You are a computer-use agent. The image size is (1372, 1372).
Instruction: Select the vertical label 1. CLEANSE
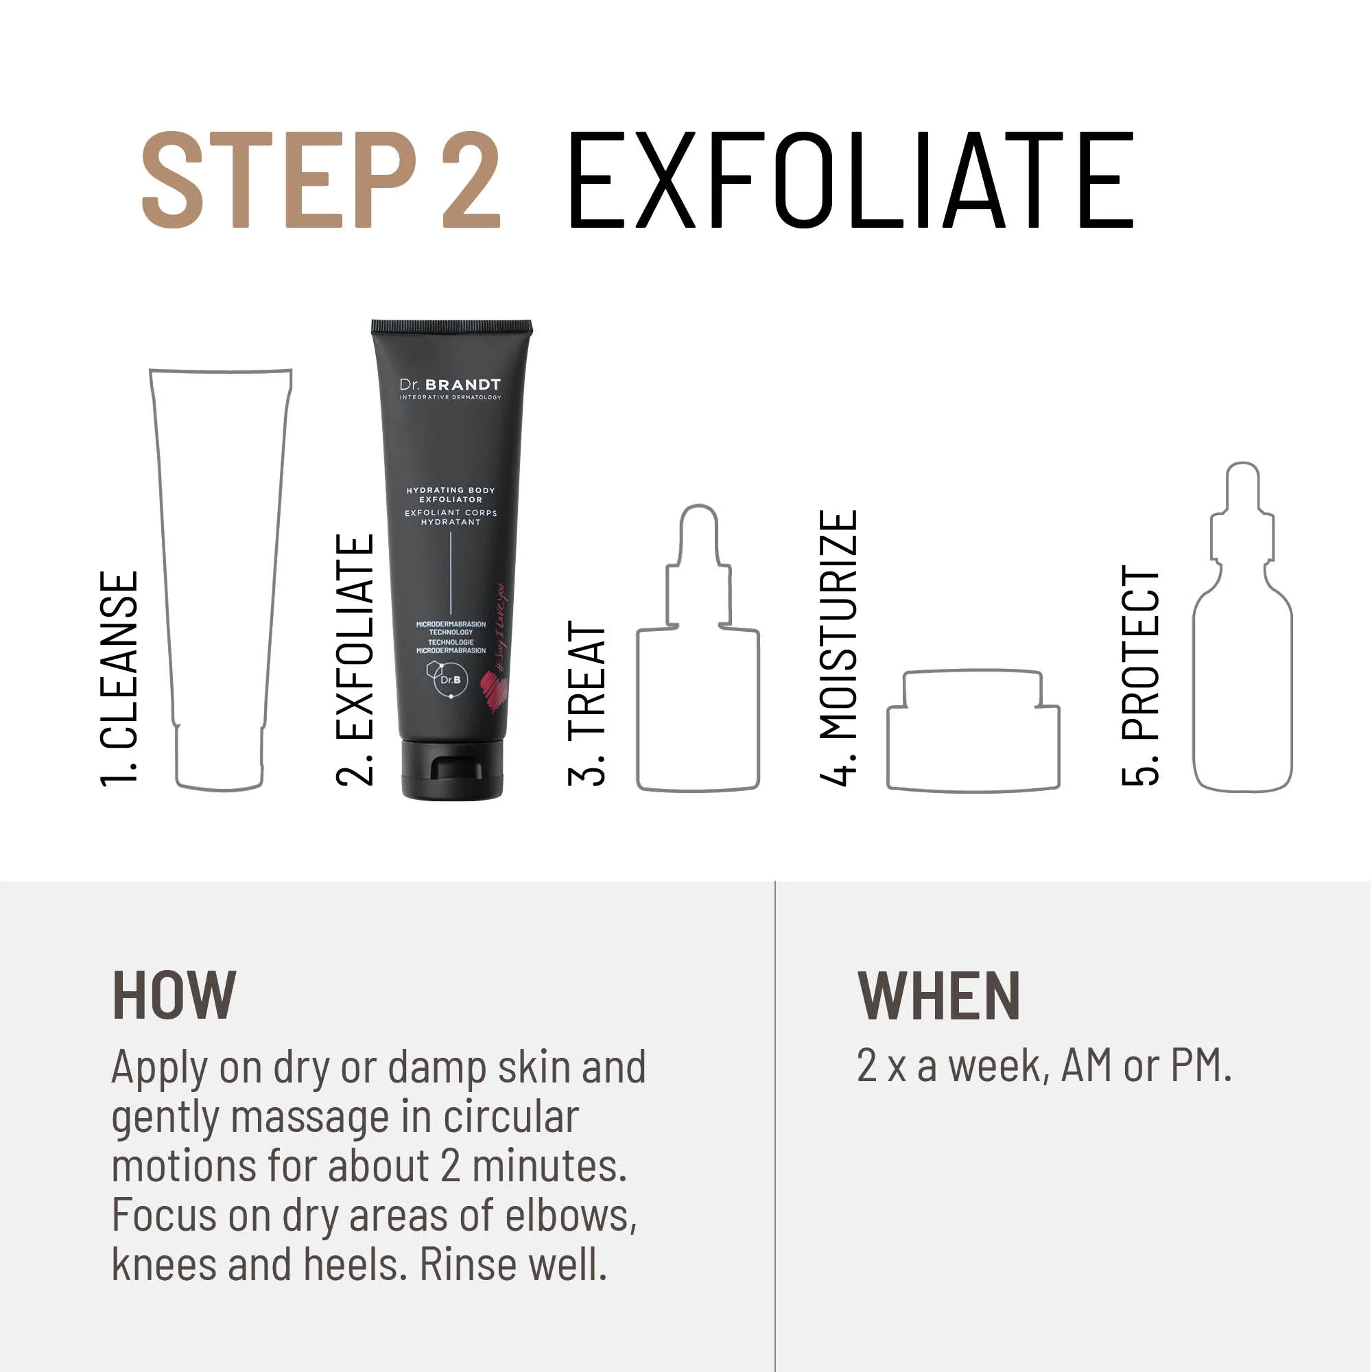[x=119, y=678]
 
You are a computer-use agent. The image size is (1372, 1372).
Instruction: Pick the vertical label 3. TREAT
[x=587, y=703]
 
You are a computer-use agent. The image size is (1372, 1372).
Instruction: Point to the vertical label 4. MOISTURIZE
[x=839, y=648]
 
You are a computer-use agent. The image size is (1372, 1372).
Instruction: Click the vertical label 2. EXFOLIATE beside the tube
[x=355, y=660]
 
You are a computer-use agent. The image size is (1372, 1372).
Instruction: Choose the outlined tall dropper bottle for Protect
[x=1242, y=653]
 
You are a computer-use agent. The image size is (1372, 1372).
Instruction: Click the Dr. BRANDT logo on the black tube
[x=450, y=387]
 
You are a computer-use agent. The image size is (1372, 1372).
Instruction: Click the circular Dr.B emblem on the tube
[x=450, y=680]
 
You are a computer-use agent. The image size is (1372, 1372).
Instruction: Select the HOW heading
[x=174, y=995]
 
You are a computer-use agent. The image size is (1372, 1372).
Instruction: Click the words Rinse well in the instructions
[x=513, y=1265]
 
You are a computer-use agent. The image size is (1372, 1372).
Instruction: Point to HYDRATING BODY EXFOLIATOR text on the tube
[x=450, y=494]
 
